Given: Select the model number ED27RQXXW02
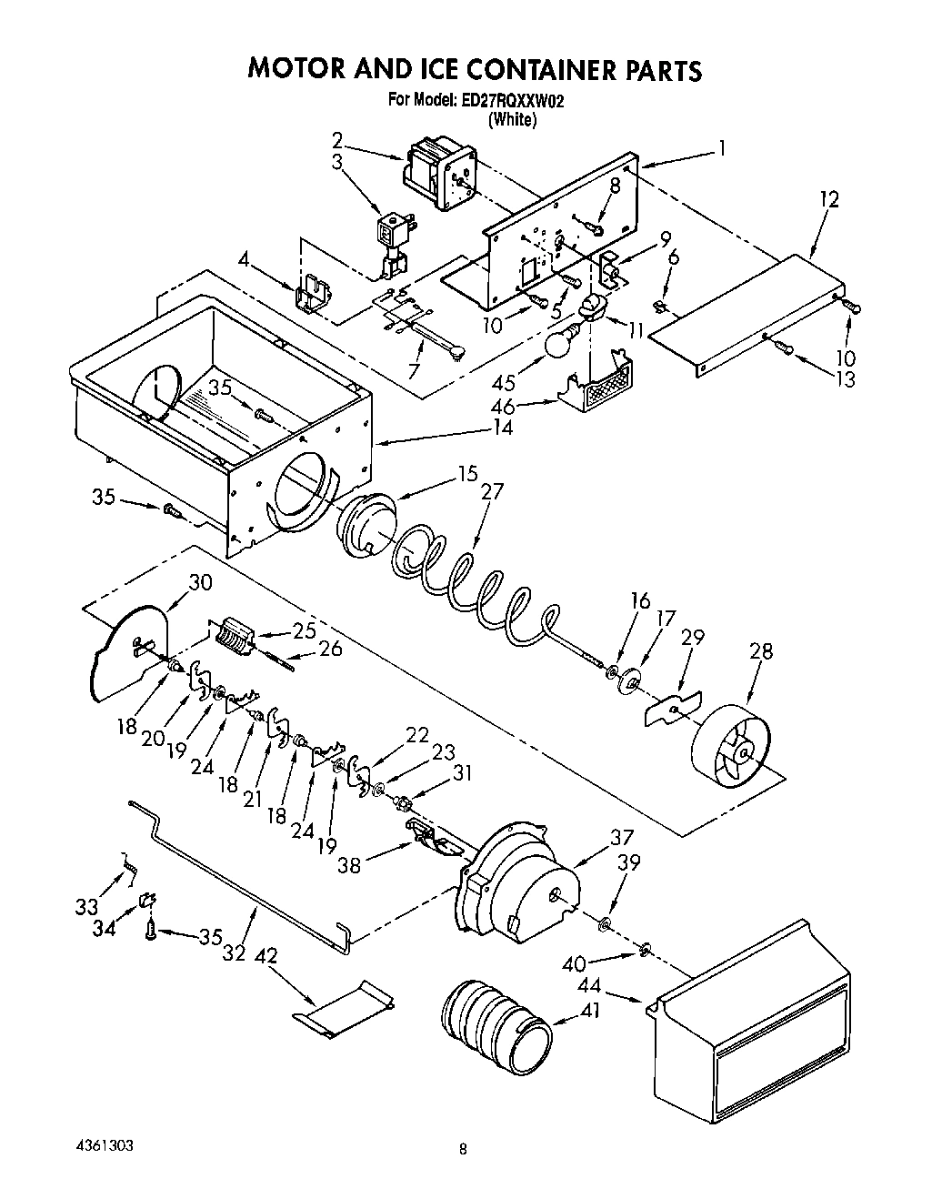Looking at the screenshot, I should pyautogui.click(x=506, y=101).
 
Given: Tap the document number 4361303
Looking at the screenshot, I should pyautogui.click(x=105, y=1145).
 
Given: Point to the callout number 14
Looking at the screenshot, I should pyautogui.click(x=501, y=428).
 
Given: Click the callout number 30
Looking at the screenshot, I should pyautogui.click(x=199, y=583).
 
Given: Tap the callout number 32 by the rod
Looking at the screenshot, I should pyautogui.click(x=235, y=953).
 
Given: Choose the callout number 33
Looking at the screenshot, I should pyautogui.click(x=86, y=906).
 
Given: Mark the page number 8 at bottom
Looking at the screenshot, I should pyautogui.click(x=463, y=1150).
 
